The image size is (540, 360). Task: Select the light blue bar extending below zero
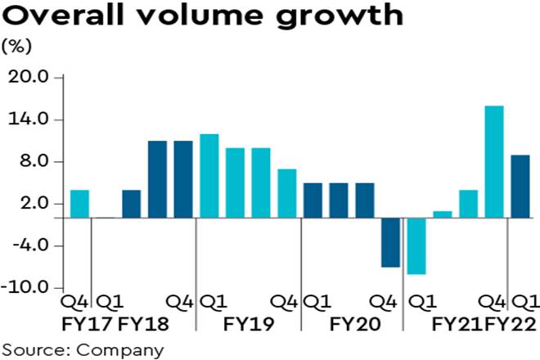click(x=416, y=246)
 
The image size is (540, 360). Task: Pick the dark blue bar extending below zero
click(x=390, y=242)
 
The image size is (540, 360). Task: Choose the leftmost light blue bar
click(x=79, y=204)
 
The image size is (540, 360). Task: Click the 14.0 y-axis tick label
click(x=29, y=120)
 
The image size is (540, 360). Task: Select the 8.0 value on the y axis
click(x=33, y=162)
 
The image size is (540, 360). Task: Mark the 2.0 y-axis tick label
click(x=33, y=204)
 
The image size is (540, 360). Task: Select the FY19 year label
click(x=248, y=325)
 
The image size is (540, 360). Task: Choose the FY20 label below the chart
click(x=354, y=325)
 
